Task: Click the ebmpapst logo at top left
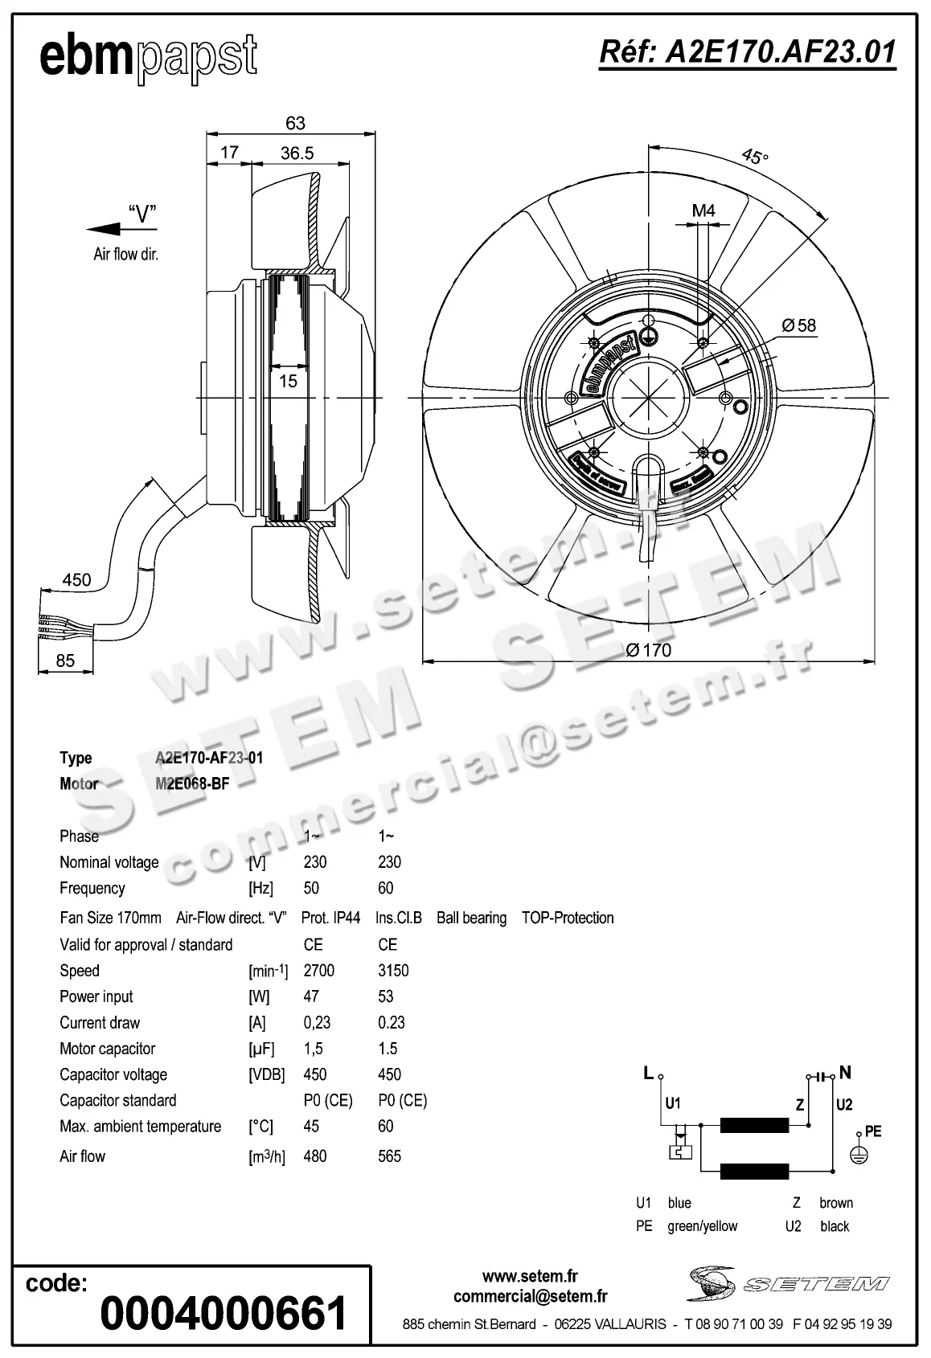pos(149,58)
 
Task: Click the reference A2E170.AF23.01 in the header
pos(747,52)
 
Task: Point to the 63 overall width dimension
pos(295,123)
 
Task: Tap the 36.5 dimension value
pos(297,153)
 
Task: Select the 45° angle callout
pos(754,156)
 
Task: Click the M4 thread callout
pos(703,211)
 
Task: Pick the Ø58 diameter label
pos(798,325)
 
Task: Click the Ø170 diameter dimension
pos(648,649)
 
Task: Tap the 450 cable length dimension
pos(76,579)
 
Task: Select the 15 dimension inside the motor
pos(288,381)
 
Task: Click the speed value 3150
pos(393,971)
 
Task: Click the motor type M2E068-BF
pos(192,783)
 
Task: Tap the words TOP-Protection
pos(568,918)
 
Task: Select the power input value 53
pos(386,996)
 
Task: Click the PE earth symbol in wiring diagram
pos(859,1151)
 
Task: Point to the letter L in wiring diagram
pos(648,1073)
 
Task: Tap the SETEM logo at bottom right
pos(788,1283)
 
